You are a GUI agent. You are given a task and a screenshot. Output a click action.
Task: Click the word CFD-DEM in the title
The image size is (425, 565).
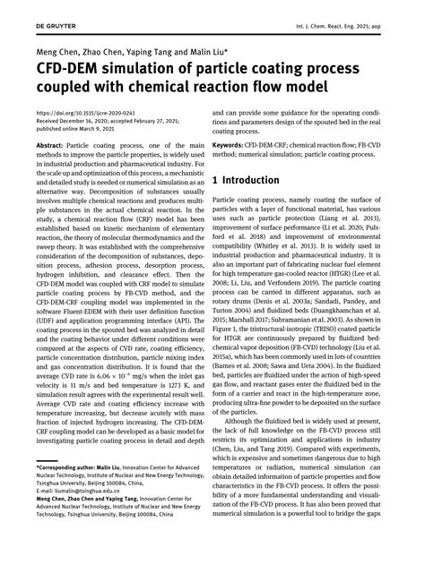73,69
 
